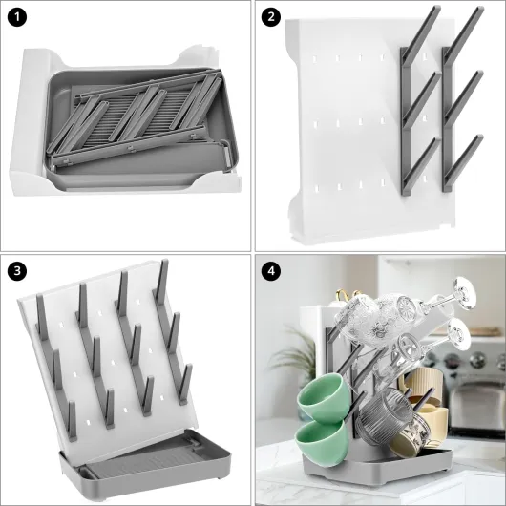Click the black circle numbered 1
[17, 17]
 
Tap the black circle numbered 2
[271, 17]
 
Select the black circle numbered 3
[17, 271]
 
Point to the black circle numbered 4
[271, 271]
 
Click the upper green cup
[323, 398]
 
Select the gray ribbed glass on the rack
[384, 416]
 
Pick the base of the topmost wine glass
[466, 293]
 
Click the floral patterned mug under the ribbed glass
[410, 435]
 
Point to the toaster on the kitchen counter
[477, 407]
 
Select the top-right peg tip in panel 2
[480, 9]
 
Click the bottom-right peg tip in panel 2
[479, 138]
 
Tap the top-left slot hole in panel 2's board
[314, 59]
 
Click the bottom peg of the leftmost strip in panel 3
[73, 420]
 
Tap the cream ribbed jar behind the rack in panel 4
[424, 384]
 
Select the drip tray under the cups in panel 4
[377, 465]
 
